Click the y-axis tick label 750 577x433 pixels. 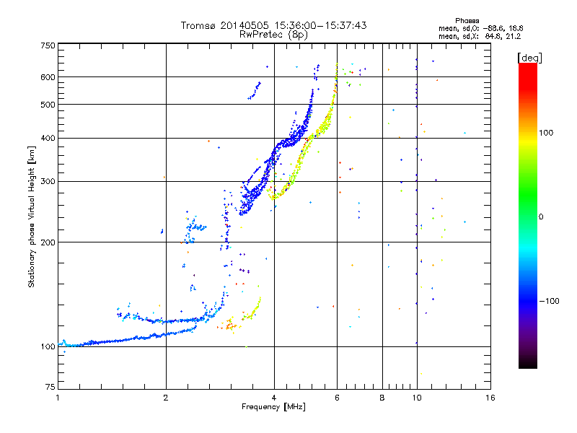click(x=48, y=45)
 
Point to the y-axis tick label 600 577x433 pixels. click(x=48, y=76)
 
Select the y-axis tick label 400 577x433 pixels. click(x=48, y=138)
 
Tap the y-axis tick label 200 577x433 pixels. click(x=48, y=242)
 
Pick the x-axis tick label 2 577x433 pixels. click(x=166, y=398)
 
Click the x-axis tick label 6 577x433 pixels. click(x=337, y=398)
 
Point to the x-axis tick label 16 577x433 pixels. click(x=490, y=398)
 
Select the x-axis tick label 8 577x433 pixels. click(x=382, y=398)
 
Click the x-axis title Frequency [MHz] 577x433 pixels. click(x=274, y=408)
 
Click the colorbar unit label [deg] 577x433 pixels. click(x=529, y=57)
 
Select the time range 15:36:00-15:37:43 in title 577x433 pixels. click(x=317, y=25)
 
